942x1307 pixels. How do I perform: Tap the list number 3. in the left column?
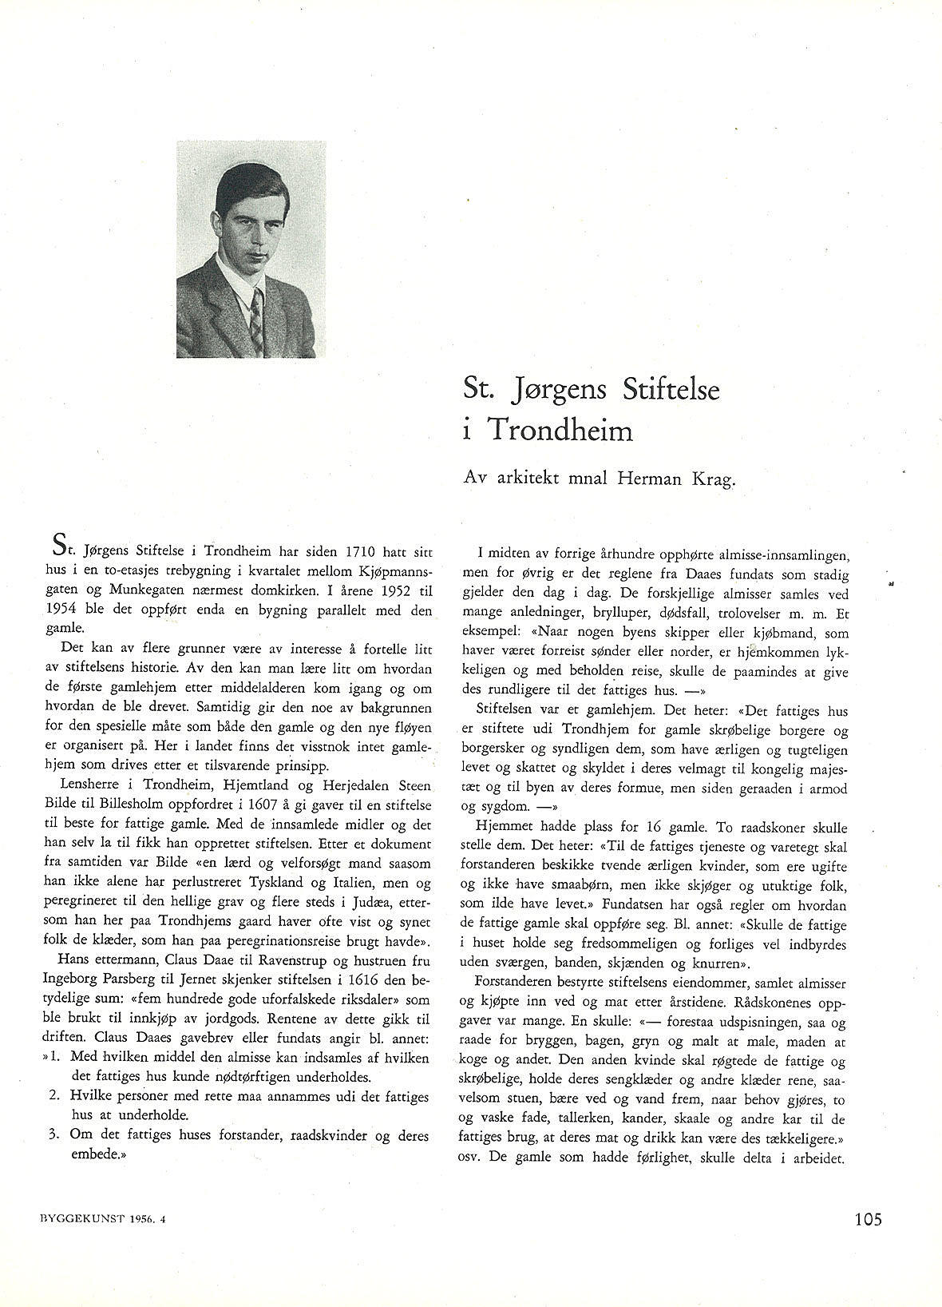(x=55, y=1135)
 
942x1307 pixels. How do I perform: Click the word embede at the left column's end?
(x=93, y=1154)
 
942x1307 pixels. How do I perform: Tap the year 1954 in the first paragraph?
(x=65, y=610)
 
